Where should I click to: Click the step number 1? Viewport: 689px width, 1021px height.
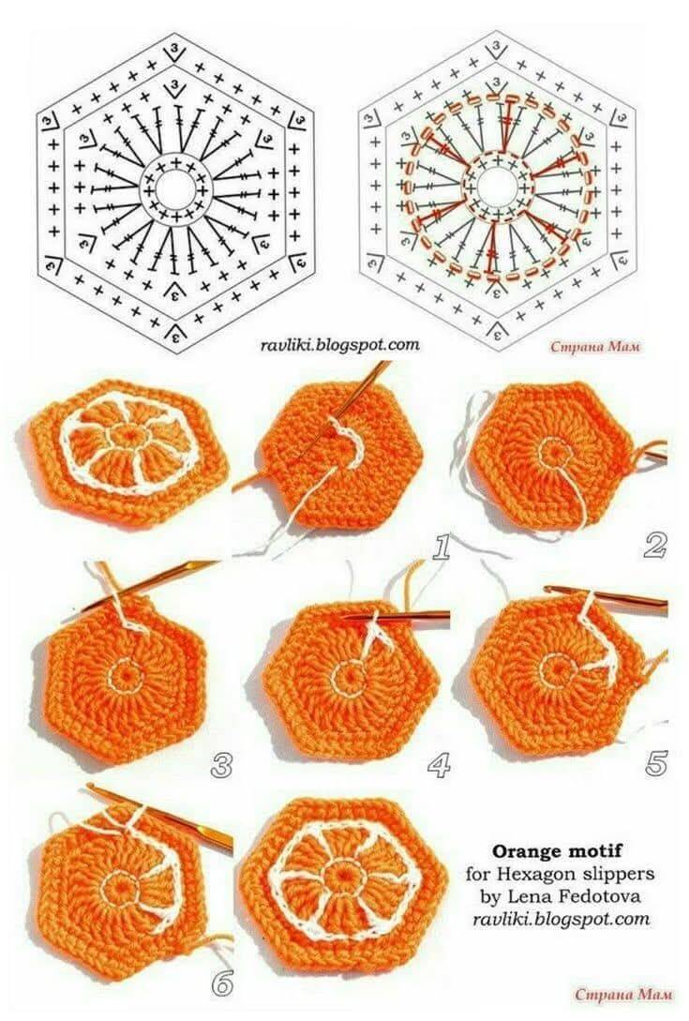442,548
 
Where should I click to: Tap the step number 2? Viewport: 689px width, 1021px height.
654,546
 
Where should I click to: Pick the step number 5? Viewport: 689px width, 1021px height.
656,762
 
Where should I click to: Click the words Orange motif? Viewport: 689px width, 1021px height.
557,850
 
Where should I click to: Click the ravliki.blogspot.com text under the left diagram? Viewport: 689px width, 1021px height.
340,345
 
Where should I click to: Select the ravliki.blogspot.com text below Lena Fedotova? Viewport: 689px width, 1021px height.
562,920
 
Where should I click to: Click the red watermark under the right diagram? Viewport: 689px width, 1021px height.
595,347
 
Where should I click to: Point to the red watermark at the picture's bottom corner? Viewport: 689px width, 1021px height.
615,995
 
